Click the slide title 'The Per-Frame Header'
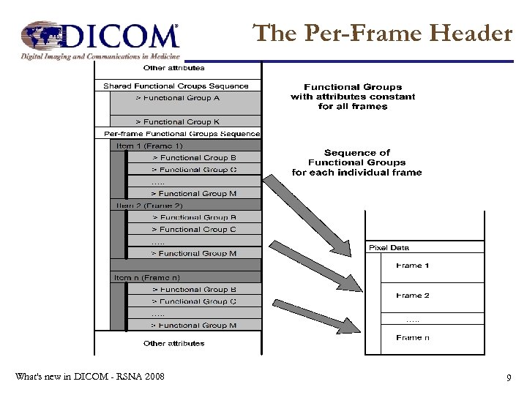(x=382, y=33)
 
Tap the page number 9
(x=508, y=377)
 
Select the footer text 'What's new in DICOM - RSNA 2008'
(x=89, y=377)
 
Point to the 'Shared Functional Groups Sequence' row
(x=176, y=86)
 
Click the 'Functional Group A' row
(x=184, y=98)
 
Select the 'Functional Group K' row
(x=184, y=121)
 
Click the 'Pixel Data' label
(x=389, y=248)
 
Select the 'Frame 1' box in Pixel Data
(x=413, y=266)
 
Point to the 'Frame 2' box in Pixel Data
(x=413, y=296)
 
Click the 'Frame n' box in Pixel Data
(x=413, y=337)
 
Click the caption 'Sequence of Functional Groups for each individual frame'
(x=356, y=162)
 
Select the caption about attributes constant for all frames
(x=353, y=97)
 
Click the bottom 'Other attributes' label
(x=174, y=343)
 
